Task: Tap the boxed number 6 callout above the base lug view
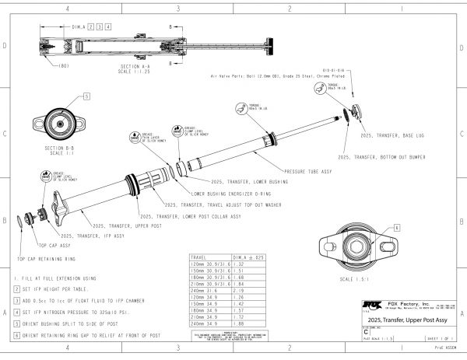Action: tap(396, 228)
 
